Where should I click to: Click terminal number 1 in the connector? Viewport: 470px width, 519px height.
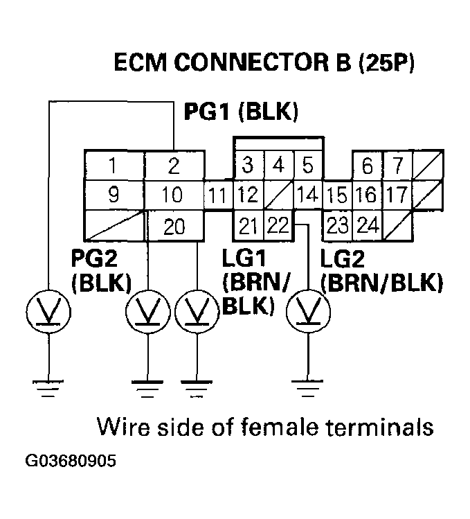(x=113, y=166)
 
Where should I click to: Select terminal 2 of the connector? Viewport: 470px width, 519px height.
(x=174, y=166)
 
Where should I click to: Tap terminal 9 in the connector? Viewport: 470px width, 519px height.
(x=113, y=196)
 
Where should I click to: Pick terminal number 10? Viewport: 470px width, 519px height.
(x=174, y=196)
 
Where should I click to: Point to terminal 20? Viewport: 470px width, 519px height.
(x=174, y=226)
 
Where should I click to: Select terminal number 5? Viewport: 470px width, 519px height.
(x=307, y=166)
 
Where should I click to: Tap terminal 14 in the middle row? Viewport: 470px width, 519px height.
(x=307, y=196)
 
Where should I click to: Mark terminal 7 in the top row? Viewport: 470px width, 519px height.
(x=397, y=166)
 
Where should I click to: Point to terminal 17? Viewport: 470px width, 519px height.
(x=397, y=195)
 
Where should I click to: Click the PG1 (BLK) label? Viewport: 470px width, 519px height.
(x=240, y=112)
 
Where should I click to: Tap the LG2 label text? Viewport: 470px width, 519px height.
(x=343, y=258)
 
